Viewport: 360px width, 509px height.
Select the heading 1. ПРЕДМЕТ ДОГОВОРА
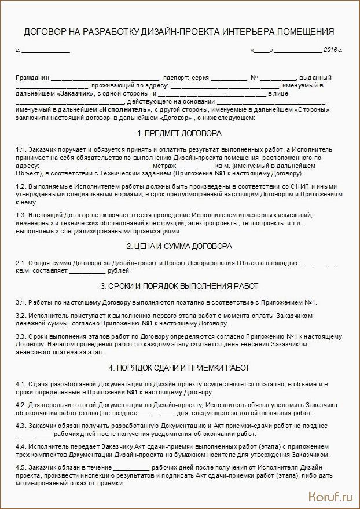180,133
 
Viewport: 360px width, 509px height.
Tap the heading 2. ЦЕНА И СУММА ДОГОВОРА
180,246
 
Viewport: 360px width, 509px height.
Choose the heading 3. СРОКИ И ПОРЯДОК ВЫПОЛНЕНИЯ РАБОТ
180,286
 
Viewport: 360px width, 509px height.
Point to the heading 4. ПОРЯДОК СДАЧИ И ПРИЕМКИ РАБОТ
180,368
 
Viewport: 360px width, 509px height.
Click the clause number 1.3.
21,215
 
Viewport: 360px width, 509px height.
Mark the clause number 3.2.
21,316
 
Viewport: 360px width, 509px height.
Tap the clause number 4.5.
21,467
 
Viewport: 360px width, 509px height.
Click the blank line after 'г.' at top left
46,51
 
